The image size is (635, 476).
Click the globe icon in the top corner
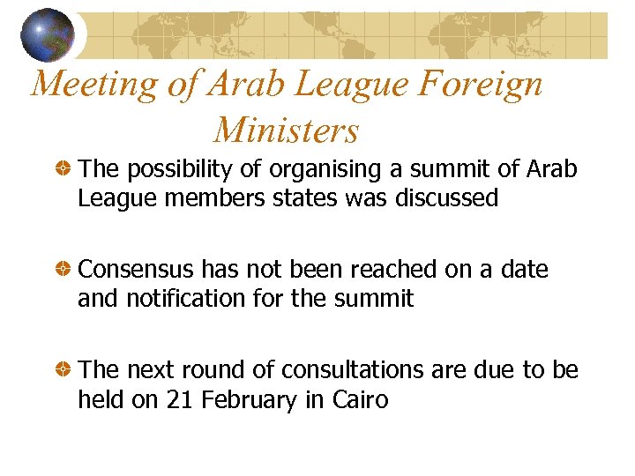pos(48,34)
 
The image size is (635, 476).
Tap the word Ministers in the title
pos(286,130)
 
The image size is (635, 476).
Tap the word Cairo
pos(360,400)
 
